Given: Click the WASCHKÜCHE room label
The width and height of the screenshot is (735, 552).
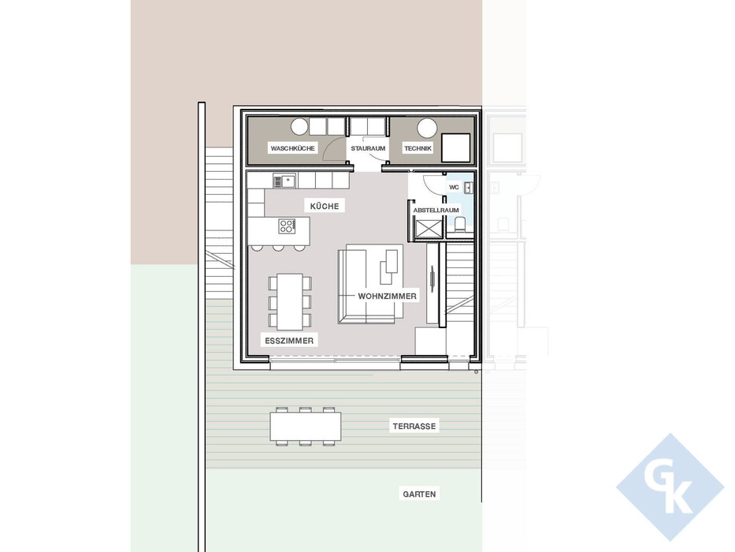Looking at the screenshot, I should click(292, 148).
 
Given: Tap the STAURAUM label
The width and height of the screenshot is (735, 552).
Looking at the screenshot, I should click(368, 148).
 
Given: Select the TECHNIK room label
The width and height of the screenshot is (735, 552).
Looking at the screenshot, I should click(418, 148).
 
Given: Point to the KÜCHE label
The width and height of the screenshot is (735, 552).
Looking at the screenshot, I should click(325, 206).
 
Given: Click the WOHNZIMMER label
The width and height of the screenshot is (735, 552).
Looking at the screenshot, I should click(387, 296).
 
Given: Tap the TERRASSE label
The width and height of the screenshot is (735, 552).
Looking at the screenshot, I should click(414, 426).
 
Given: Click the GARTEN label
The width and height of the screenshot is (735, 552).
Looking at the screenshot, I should click(419, 494).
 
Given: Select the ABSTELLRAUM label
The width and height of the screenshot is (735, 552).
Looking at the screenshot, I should click(436, 211).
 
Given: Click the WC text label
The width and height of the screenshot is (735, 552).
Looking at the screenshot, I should click(454, 187).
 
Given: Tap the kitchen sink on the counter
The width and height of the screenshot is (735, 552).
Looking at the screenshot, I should click(284, 181).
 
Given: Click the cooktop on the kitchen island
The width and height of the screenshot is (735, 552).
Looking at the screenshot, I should click(287, 226).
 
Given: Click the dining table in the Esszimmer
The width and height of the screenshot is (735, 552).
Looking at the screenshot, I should click(289, 300).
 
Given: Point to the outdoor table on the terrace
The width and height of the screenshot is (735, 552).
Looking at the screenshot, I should click(306, 427).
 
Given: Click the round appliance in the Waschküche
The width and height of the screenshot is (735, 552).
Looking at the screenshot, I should click(299, 126).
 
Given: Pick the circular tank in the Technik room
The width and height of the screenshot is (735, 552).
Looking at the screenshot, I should click(427, 127).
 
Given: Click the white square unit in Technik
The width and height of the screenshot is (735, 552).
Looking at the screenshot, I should click(456, 147).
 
